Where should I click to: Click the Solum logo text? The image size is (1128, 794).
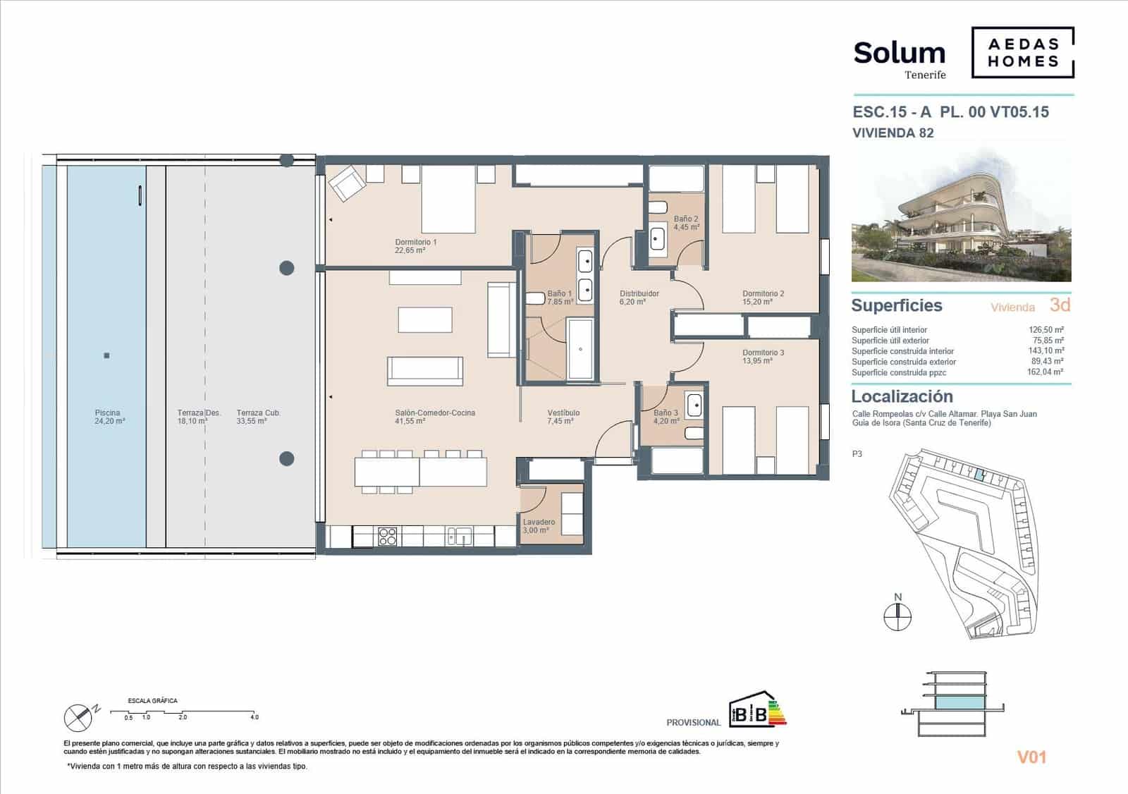click(899, 54)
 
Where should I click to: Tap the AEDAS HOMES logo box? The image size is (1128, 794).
click(1022, 52)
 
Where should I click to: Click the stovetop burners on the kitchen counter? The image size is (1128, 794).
click(388, 537)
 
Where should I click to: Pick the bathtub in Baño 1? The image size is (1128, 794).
click(581, 348)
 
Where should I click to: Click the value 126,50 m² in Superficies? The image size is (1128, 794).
click(1046, 329)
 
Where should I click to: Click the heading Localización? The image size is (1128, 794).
click(902, 396)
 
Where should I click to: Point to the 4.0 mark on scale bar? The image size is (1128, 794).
click(254, 716)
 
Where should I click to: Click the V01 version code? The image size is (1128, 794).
click(1031, 757)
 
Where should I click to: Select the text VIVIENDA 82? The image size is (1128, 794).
click(893, 133)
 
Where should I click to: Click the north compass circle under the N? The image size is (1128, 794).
click(897, 617)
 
